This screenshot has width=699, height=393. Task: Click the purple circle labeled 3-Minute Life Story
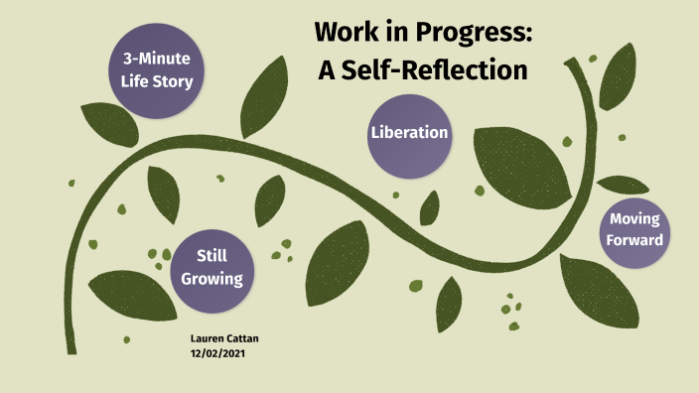coord(150,69)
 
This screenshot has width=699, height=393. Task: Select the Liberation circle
coord(409,132)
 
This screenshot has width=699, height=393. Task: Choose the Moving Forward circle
coord(634,229)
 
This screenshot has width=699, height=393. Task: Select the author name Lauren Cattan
coord(223,338)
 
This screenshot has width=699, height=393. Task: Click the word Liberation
coord(409,132)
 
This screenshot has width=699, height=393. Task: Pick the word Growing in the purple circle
coord(211,279)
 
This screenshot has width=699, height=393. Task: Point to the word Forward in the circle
coord(634,239)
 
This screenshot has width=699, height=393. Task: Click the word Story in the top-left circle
coord(172,80)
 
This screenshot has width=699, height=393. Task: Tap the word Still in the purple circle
coord(211,256)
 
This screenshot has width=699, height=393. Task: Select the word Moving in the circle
coord(634,218)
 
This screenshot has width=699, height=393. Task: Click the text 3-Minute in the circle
coord(150,59)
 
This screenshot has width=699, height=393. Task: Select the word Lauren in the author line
coord(207,338)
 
